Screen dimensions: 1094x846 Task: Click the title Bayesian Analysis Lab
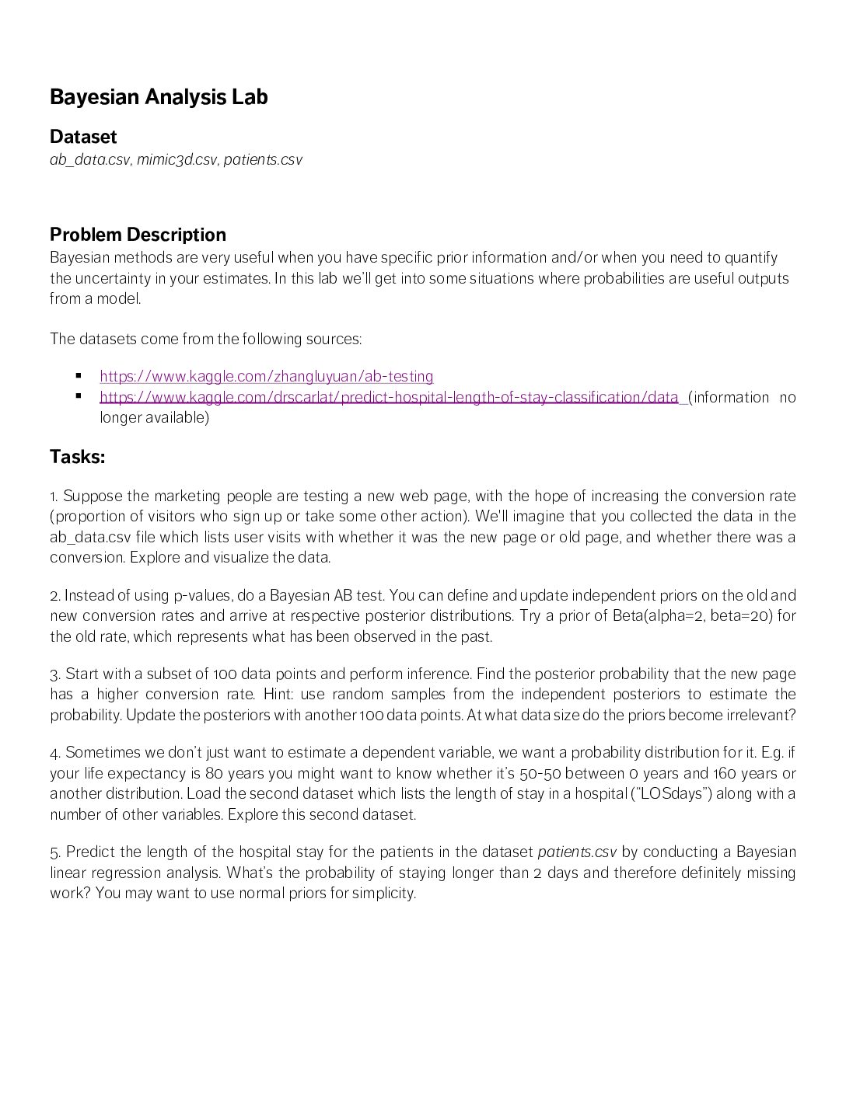(x=159, y=97)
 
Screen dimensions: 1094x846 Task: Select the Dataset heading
(x=83, y=137)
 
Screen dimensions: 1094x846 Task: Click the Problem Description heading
(x=138, y=235)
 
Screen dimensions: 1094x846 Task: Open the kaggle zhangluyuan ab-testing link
(x=267, y=377)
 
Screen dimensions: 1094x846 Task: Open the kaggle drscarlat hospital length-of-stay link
(x=389, y=398)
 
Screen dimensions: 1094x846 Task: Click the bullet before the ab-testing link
(x=79, y=376)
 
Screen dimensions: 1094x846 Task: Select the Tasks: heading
(x=77, y=457)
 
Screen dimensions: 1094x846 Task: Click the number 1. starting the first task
(x=54, y=496)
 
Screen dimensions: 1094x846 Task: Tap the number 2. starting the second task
(x=54, y=596)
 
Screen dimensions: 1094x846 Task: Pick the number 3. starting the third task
(x=54, y=674)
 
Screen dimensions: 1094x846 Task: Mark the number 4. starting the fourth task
(x=55, y=753)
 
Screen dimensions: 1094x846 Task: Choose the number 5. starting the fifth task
(x=55, y=852)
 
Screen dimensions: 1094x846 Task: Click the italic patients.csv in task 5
(x=577, y=852)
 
